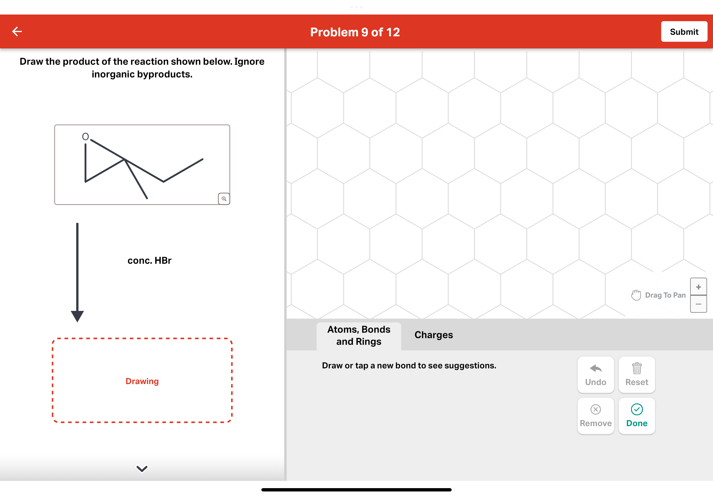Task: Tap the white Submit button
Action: point(684,32)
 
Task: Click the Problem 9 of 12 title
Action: point(355,32)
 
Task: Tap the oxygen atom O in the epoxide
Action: point(85,137)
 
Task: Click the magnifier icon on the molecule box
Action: point(224,199)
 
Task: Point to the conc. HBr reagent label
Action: point(149,260)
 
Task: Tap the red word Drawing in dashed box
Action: point(142,381)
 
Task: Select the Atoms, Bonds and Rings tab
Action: point(359,336)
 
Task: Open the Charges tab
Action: point(433,335)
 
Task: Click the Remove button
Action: point(595,416)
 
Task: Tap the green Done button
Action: point(636,416)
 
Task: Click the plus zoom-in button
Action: point(698,287)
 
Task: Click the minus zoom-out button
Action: point(698,304)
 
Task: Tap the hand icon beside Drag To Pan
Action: point(636,295)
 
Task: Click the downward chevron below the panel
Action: point(142,468)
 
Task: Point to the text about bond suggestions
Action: point(409,365)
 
